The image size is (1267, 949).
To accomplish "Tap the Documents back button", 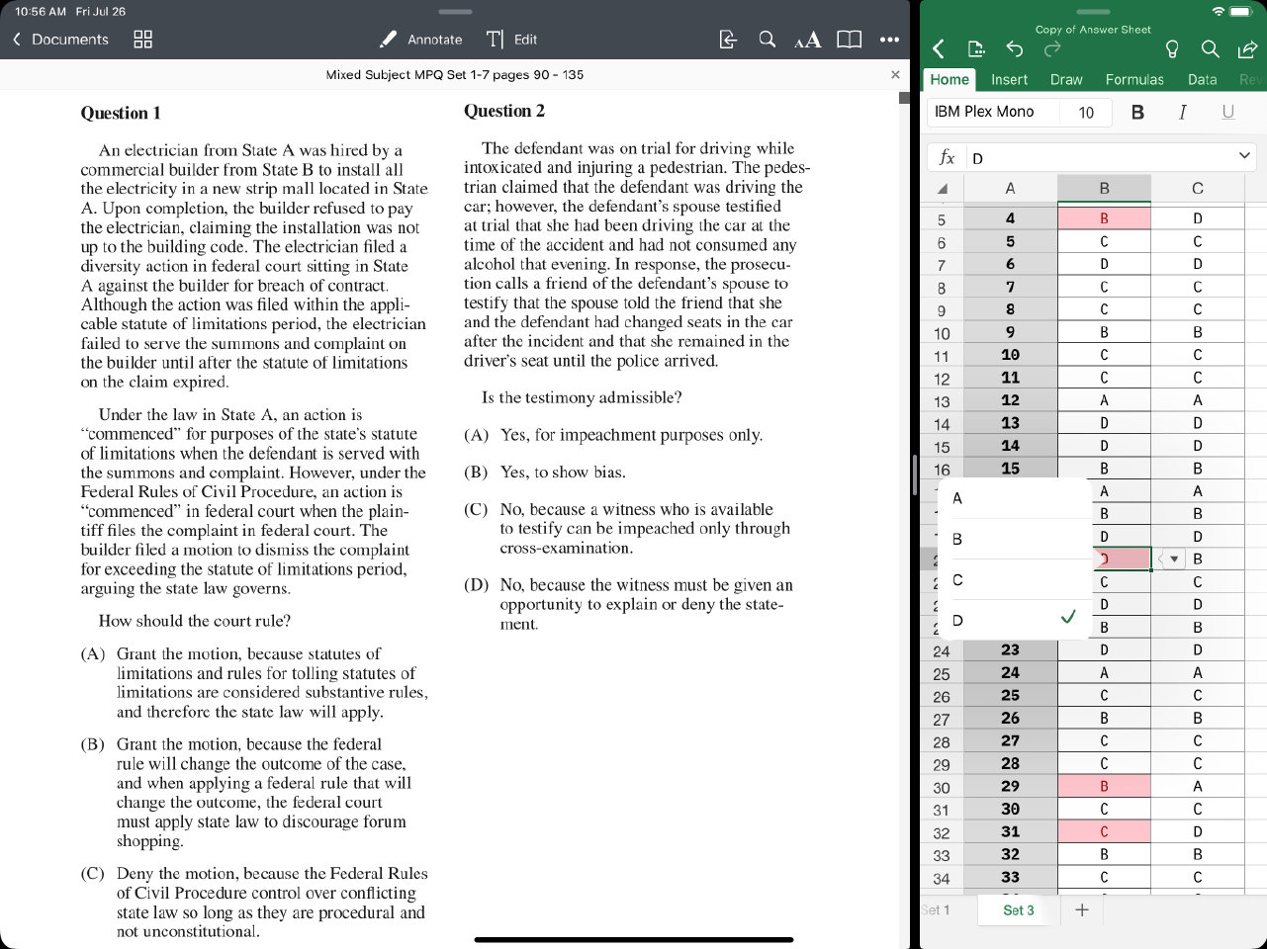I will pyautogui.click(x=60, y=40).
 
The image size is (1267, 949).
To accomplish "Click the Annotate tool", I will pyautogui.click(x=421, y=40).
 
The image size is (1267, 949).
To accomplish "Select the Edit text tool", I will pyautogui.click(x=512, y=40).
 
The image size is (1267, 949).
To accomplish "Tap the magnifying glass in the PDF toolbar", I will pyautogui.click(x=767, y=40).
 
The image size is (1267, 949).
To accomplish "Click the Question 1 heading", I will pyautogui.click(x=121, y=113).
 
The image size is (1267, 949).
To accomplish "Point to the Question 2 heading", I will pyautogui.click(x=504, y=111).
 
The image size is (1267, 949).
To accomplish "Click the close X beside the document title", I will pyautogui.click(x=895, y=74).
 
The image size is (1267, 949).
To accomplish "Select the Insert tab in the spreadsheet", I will pyautogui.click(x=1009, y=79).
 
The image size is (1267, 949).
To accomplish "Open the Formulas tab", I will pyautogui.click(x=1134, y=79).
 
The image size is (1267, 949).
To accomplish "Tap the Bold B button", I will pyautogui.click(x=1137, y=112).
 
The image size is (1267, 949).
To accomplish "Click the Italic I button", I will pyautogui.click(x=1182, y=112).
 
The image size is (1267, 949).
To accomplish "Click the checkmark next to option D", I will pyautogui.click(x=1067, y=618).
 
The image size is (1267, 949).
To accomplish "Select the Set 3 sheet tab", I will pyautogui.click(x=1018, y=910).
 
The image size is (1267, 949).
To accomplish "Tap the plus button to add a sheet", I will pyautogui.click(x=1082, y=910).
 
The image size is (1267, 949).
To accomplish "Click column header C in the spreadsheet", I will pyautogui.click(x=1198, y=188).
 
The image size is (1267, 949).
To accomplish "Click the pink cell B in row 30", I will pyautogui.click(x=1104, y=787).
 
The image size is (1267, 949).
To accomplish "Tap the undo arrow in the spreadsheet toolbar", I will pyautogui.click(x=1014, y=48).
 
